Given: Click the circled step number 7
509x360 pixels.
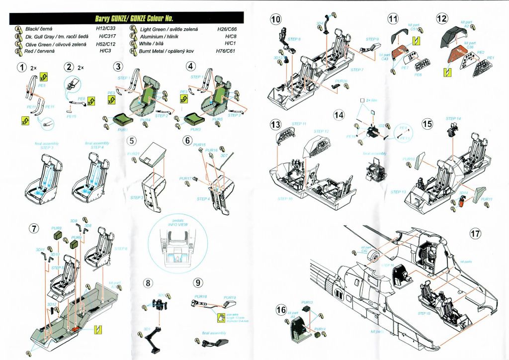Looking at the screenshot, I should click(34, 228).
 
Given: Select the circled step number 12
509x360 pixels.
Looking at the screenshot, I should click(441, 19).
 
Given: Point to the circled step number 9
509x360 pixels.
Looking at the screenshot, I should click(198, 283).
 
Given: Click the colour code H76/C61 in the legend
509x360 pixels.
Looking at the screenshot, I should click(226, 51).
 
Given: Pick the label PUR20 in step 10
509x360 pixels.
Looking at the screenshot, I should click(341, 81).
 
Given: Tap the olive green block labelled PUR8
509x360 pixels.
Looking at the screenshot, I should click(58, 237).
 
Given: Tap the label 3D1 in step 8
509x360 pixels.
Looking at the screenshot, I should click(147, 329).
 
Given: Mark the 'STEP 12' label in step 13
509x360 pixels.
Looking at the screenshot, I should click(321, 131).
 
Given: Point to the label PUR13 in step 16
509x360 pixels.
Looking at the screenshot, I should click(307, 302).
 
